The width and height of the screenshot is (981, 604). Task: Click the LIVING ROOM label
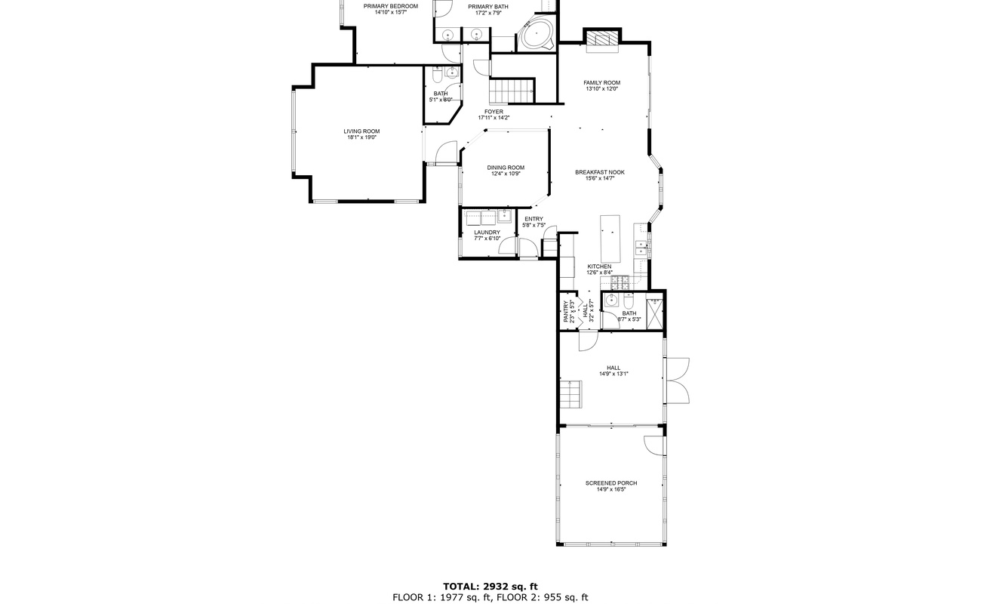[x=361, y=131]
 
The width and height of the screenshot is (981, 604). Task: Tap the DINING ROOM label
[x=506, y=168]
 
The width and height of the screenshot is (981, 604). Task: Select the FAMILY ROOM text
[x=601, y=82]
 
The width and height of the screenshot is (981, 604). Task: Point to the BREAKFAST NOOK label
[x=600, y=172]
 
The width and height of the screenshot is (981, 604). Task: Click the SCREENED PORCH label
[x=611, y=483]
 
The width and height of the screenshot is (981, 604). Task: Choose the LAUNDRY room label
[x=487, y=233]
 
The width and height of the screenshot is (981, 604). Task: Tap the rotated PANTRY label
[x=566, y=311]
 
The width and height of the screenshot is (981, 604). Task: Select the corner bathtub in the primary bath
[x=537, y=34]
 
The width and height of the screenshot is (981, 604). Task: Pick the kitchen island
[x=610, y=239]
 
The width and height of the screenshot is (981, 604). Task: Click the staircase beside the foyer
[x=512, y=91]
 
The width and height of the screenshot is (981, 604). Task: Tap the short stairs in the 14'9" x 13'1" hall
[x=570, y=394]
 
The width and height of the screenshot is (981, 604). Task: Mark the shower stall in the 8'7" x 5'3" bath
[x=654, y=313]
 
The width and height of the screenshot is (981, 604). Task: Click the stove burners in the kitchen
[x=620, y=282]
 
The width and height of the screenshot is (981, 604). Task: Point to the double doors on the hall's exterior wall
[x=678, y=381]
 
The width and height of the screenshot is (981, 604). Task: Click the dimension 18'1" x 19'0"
[x=361, y=137]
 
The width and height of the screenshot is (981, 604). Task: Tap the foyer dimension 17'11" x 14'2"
[x=494, y=118]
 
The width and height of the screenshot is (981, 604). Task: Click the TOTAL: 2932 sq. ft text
[x=490, y=587]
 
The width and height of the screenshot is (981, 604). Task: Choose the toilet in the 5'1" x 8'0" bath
[x=437, y=77]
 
